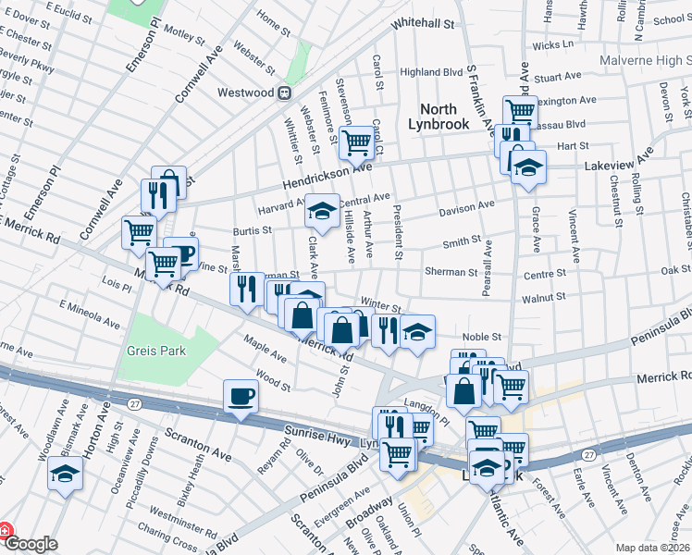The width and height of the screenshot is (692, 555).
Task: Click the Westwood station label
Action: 245,92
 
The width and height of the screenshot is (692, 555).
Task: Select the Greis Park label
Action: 157,351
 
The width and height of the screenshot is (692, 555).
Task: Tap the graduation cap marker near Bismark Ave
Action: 65,475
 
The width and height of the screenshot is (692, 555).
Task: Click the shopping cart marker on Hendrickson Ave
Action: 356,143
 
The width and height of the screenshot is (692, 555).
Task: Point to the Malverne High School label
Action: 639,59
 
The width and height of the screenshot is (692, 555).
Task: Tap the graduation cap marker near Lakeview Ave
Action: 529,168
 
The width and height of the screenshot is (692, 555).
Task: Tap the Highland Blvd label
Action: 431,71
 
